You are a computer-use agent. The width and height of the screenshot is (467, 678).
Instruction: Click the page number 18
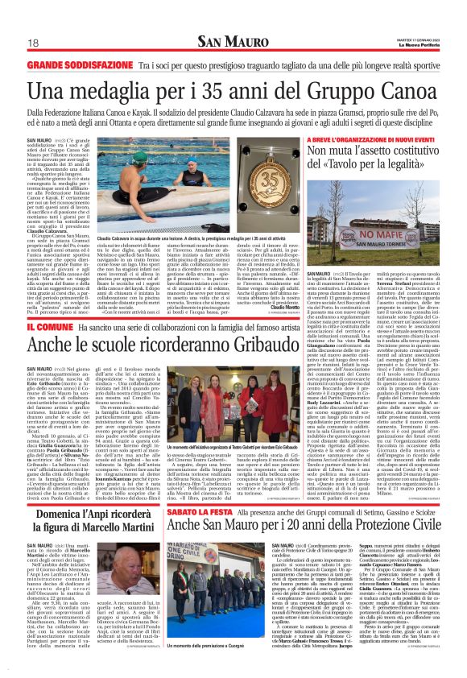pyautogui.click(x=35, y=43)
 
